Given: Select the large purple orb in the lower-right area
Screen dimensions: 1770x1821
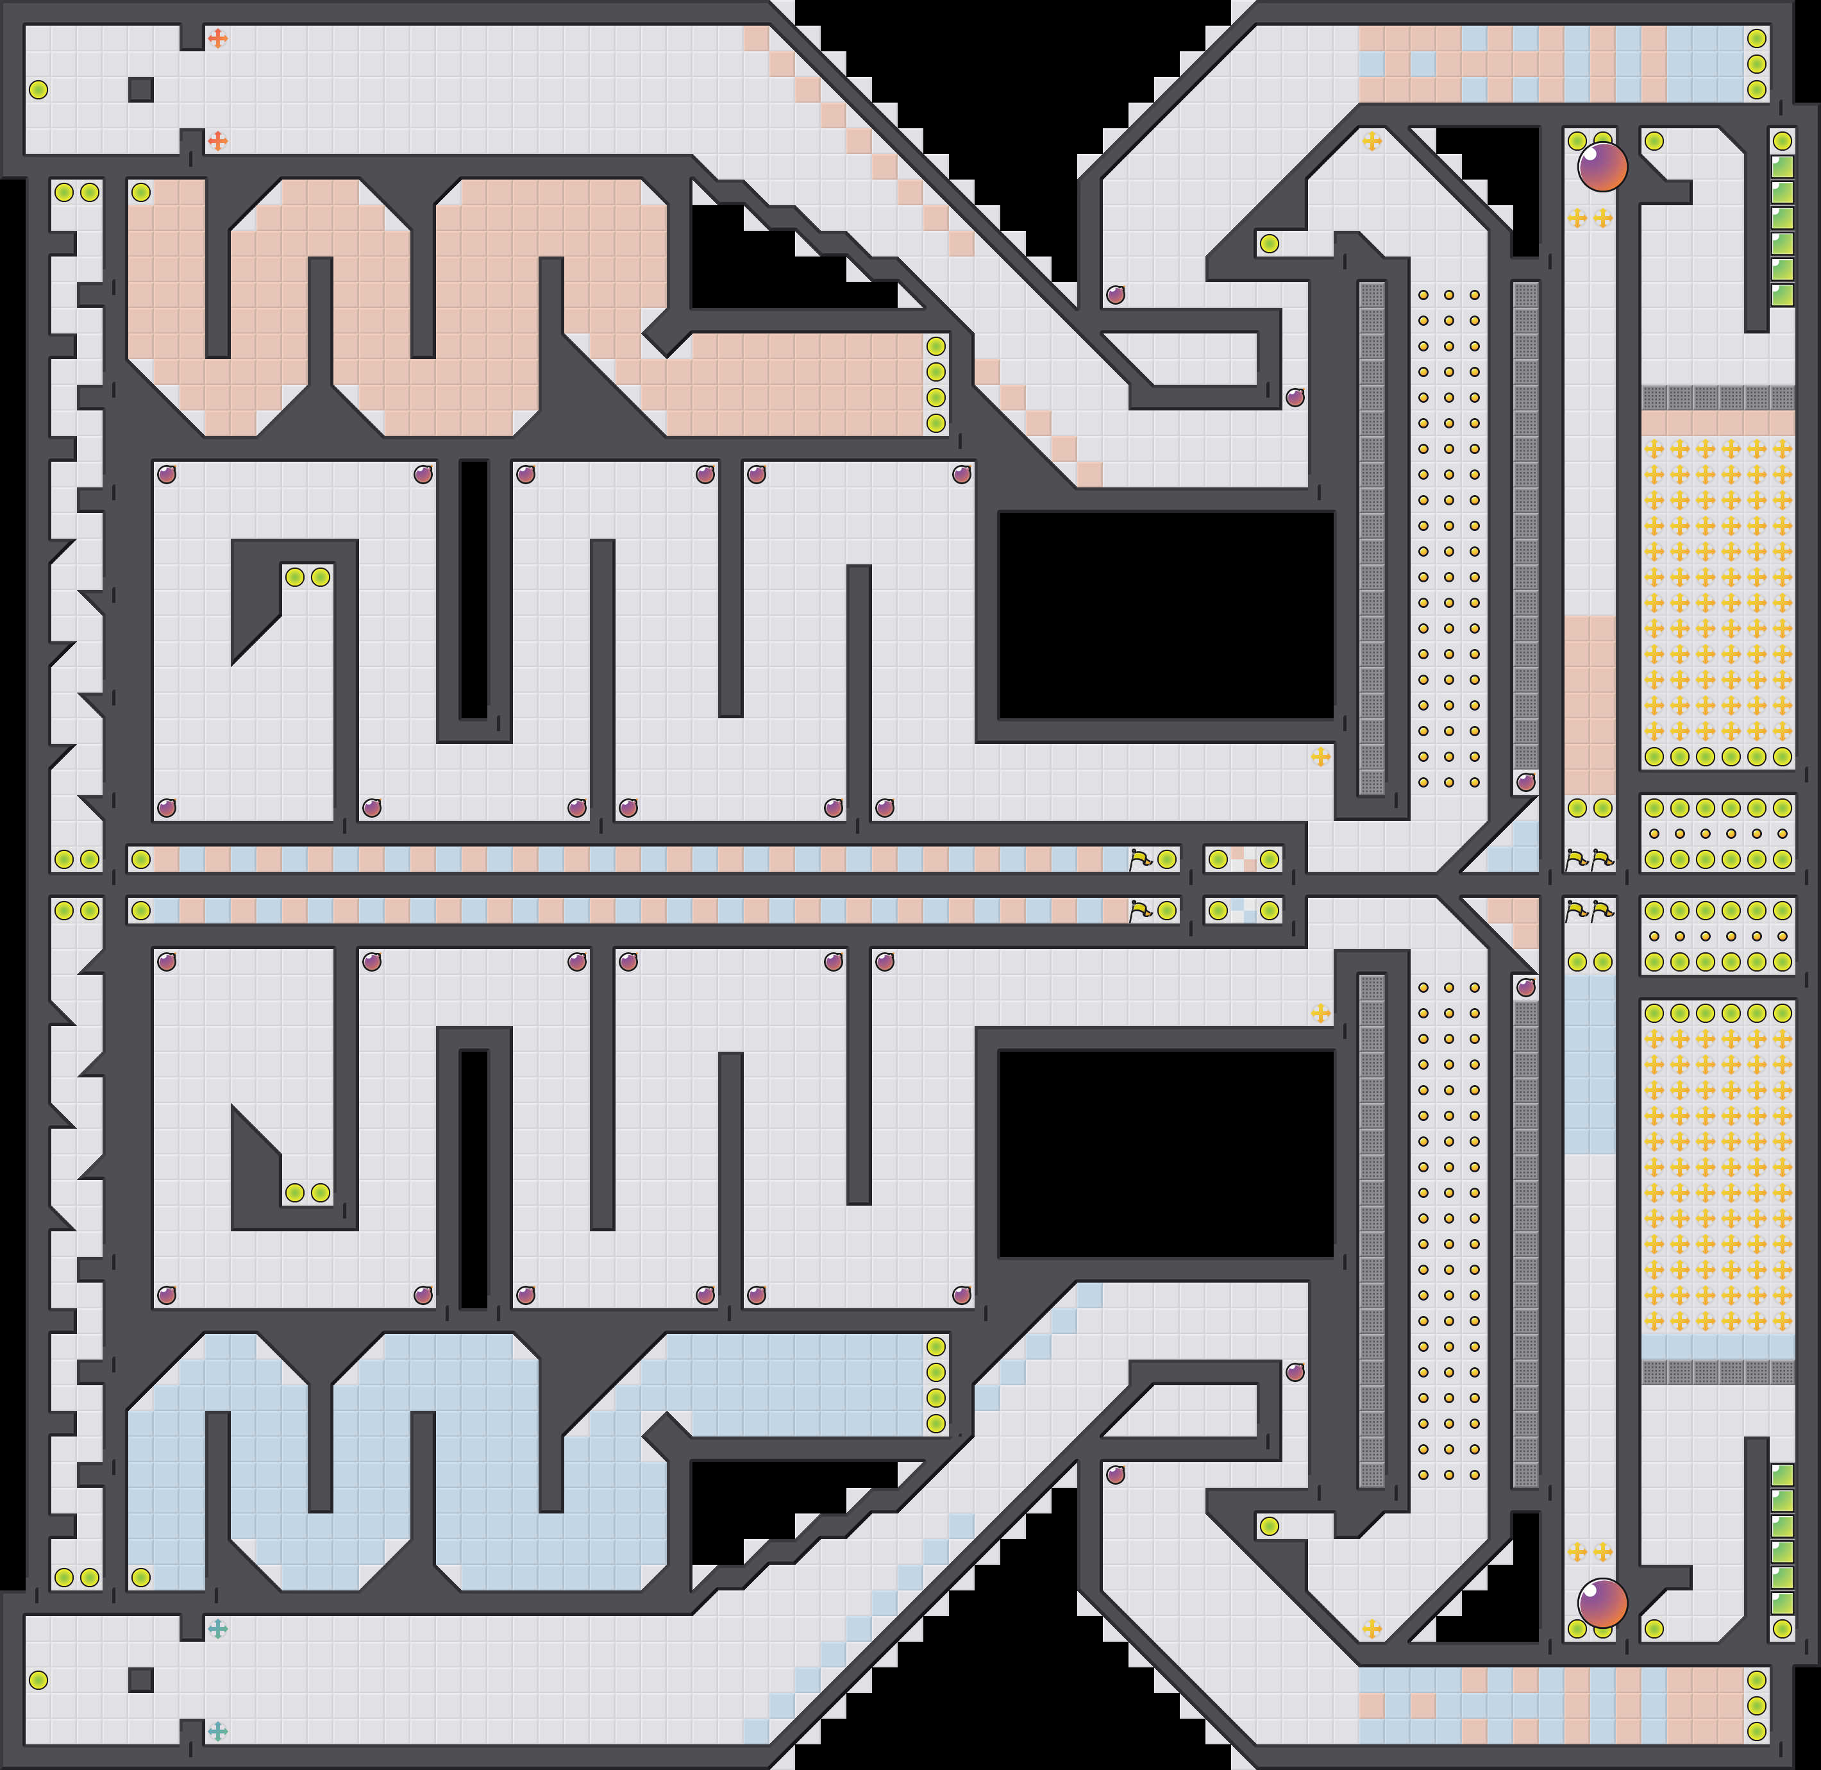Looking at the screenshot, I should pos(1602,1603).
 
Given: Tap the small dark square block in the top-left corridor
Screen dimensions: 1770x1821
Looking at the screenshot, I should pos(140,89).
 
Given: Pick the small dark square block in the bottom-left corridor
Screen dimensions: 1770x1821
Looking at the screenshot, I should pos(140,1680).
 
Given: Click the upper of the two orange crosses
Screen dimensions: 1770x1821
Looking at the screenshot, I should pos(217,38).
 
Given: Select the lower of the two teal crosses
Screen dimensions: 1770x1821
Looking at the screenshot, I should pos(217,1731).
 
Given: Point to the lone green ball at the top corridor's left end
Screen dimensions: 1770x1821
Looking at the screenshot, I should pos(38,89).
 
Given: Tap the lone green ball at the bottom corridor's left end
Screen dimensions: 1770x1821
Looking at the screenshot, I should pos(38,1680).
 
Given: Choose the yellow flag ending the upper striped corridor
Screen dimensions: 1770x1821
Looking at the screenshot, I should pos(1139,859).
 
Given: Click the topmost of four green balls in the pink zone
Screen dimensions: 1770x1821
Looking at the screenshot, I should pos(935,346).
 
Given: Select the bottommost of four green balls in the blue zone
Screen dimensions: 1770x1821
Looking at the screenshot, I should pos(935,1423).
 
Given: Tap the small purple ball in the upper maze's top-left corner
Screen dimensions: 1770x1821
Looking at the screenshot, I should pos(166,474).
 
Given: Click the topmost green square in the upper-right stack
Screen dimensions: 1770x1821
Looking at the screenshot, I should pos(1782,167).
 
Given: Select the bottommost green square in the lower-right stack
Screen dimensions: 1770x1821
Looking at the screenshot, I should pos(1782,1603).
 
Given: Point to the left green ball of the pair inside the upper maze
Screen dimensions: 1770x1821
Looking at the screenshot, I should pos(295,577).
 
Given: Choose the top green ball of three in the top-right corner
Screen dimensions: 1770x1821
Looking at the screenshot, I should pos(1756,38).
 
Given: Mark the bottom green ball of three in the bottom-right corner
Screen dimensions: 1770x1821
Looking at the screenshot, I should pos(1756,1731).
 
